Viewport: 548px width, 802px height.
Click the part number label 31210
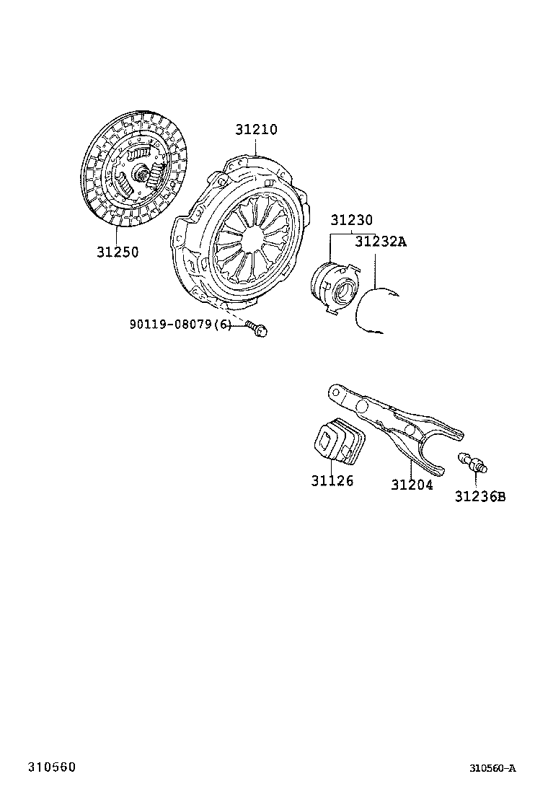click(255, 131)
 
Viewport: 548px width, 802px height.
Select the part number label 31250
click(118, 252)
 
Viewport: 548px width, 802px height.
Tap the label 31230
click(352, 221)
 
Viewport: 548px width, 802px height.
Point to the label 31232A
click(381, 242)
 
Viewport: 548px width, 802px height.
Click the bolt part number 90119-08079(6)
click(181, 325)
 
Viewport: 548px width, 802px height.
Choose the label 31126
click(332, 480)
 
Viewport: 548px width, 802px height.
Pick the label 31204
click(412, 485)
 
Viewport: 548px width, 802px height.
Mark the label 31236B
click(479, 496)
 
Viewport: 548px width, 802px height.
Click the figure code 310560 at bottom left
click(52, 766)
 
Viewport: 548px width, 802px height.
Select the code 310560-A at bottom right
click(492, 768)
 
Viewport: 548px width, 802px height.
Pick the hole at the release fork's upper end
click(335, 392)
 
